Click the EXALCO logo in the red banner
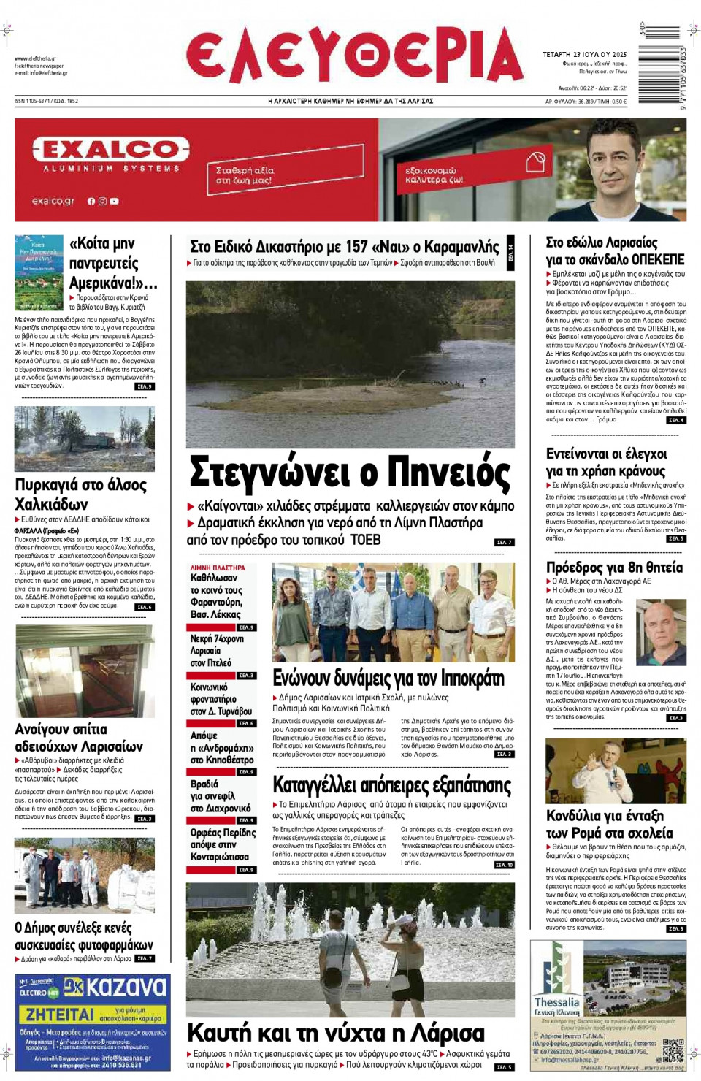(110, 150)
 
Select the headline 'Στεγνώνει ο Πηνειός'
(350, 473)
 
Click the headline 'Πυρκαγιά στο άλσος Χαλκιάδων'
(81, 494)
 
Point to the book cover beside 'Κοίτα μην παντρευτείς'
(39, 272)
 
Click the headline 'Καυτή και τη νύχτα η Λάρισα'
(336, 1033)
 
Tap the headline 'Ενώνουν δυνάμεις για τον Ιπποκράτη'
(388, 679)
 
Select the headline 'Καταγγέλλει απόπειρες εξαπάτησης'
(392, 785)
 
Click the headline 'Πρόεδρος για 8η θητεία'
(615, 568)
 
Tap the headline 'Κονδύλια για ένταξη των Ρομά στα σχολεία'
(610, 825)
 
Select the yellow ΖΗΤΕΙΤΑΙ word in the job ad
(60, 1015)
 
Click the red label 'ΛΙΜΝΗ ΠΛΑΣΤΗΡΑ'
(218, 568)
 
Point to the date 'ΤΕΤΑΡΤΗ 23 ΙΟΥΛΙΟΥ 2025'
(584, 55)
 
